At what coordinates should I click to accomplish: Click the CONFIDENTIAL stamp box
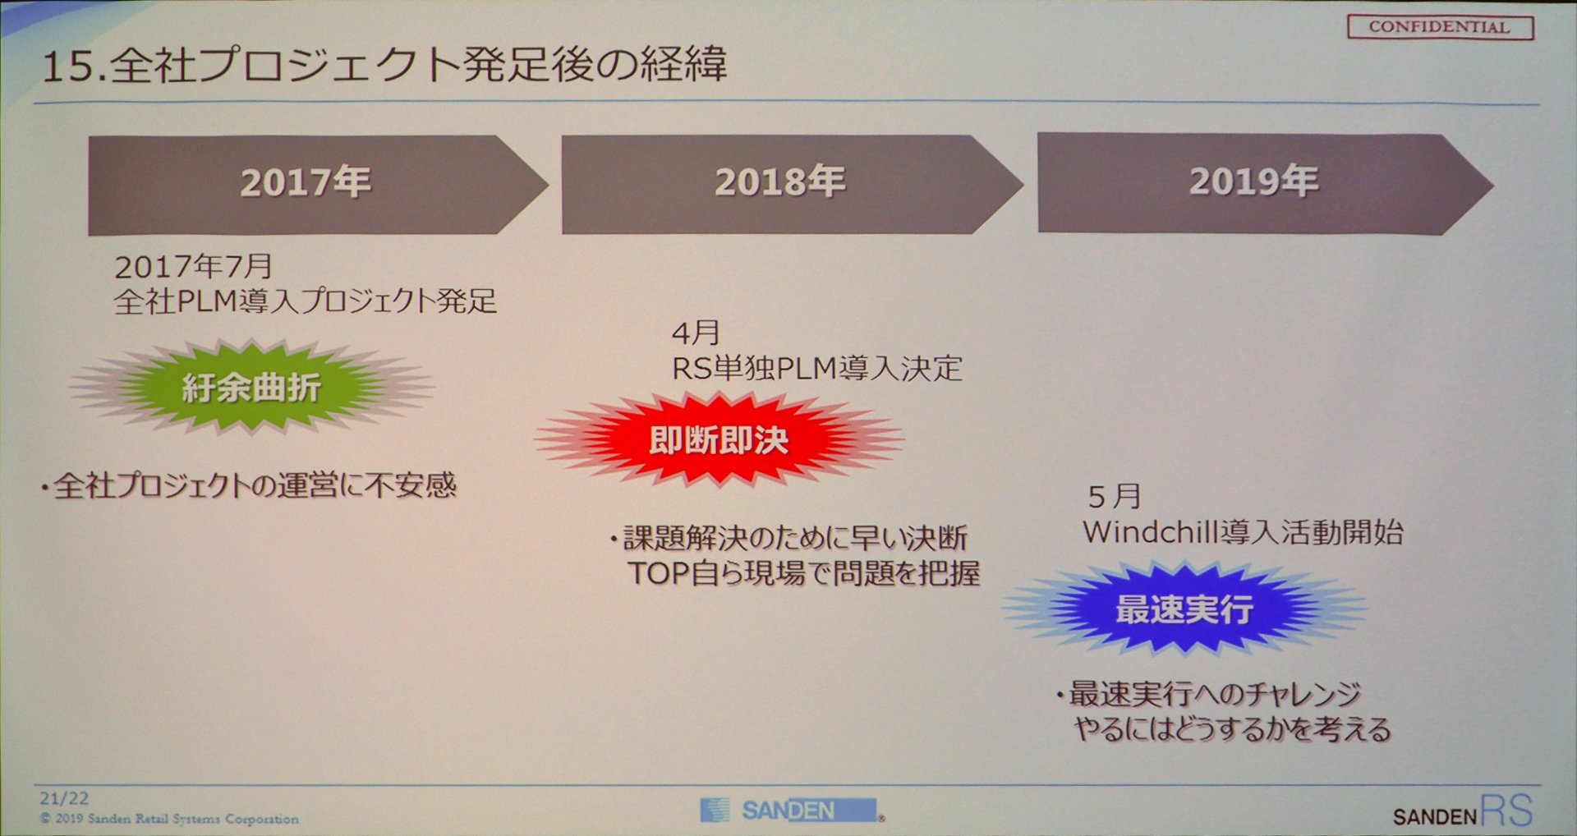coord(1440,27)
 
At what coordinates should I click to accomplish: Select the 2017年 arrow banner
coord(318,185)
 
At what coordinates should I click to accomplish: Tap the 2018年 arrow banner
coord(793,185)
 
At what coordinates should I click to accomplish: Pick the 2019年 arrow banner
coord(1266,184)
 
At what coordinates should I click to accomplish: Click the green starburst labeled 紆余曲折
coord(252,387)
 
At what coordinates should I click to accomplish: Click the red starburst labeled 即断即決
coord(720,440)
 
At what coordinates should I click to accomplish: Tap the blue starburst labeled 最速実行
coord(1184,609)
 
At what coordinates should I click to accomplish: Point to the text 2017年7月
coord(194,266)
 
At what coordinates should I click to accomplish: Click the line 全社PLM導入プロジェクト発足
coord(306,301)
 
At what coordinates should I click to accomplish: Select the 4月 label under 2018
coord(696,333)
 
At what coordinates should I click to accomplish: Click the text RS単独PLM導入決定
coord(817,369)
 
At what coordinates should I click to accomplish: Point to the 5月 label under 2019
coord(1115,496)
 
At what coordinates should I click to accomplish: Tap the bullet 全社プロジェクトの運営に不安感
coord(249,485)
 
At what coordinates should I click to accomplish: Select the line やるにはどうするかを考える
coord(1232,728)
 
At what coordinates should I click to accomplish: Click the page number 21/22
coord(64,798)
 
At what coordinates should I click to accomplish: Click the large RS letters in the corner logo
coord(1507,811)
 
